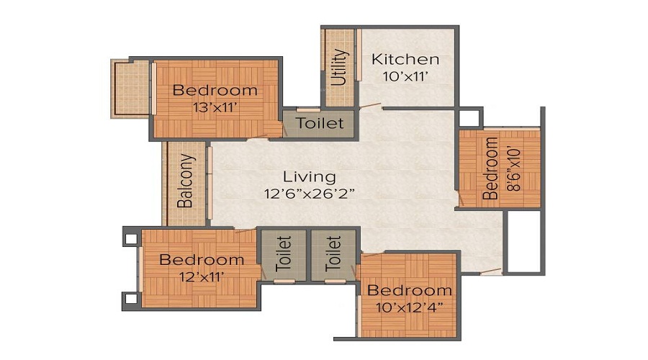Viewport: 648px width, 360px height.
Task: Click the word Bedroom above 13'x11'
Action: coord(215,91)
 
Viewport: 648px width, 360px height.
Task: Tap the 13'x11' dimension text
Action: coord(215,107)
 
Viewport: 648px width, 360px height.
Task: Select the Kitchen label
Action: coord(405,59)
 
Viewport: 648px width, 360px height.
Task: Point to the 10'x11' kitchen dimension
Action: coord(405,76)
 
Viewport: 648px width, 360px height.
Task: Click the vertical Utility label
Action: coord(341,67)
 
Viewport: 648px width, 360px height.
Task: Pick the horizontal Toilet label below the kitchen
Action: coord(320,123)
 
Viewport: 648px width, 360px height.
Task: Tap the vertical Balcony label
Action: coord(185,180)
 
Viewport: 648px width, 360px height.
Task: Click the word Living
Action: coord(309,176)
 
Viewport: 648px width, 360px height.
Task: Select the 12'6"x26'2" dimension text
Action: coord(309,193)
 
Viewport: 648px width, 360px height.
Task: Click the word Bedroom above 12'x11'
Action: coord(202,259)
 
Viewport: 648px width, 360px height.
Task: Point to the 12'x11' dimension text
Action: coord(202,276)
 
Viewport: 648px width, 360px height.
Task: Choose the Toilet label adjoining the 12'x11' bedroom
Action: coord(282,253)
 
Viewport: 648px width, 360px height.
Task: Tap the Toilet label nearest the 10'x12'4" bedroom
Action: coord(333,253)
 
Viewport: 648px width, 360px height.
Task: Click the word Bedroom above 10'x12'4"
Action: coord(409,291)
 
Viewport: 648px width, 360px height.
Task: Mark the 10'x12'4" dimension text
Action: coord(409,307)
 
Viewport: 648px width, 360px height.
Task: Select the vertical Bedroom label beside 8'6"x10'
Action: coord(490,168)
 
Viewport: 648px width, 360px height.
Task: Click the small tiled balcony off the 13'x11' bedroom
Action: coord(130,88)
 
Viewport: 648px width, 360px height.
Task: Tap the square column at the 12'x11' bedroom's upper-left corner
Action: coord(130,235)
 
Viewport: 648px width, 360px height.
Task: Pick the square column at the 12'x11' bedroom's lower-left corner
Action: coord(130,299)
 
